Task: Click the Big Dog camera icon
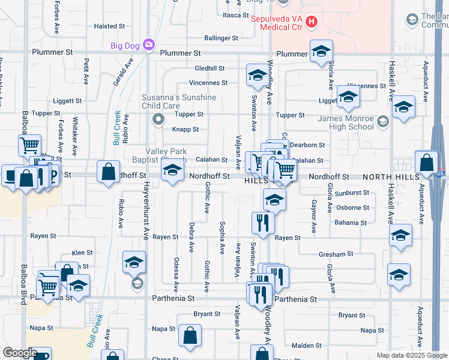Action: [149, 45]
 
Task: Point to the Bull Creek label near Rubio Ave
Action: [116, 128]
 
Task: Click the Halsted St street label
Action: [109, 26]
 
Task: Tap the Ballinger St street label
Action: [221, 38]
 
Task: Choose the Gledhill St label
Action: [209, 68]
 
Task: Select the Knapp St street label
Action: [186, 129]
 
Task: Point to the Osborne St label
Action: [352, 208]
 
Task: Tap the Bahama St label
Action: [351, 223]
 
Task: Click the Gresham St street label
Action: [344, 254]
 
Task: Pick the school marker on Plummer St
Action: [321, 51]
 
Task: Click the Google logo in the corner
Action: [20, 353]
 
